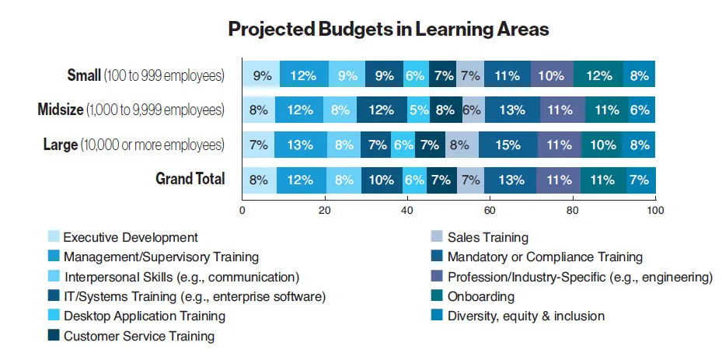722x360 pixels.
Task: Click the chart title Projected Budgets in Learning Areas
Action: point(389,30)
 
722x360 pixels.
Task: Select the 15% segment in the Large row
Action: point(507,145)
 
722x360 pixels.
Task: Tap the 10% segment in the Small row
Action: point(552,75)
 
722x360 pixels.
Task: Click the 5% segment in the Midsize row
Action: point(418,110)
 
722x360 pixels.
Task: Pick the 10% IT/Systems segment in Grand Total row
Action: point(382,179)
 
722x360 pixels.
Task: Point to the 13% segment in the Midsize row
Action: point(512,110)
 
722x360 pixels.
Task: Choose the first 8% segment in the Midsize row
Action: point(258,110)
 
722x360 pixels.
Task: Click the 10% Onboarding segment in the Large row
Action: point(602,145)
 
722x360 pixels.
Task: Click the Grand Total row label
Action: point(190,179)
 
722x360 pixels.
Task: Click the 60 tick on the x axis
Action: point(490,209)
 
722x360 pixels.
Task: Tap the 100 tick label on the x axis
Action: point(655,209)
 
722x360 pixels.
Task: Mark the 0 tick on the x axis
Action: point(242,209)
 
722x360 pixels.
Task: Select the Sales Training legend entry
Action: point(490,237)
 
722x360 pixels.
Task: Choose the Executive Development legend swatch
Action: point(53,237)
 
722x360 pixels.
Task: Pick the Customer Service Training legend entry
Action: point(139,336)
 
